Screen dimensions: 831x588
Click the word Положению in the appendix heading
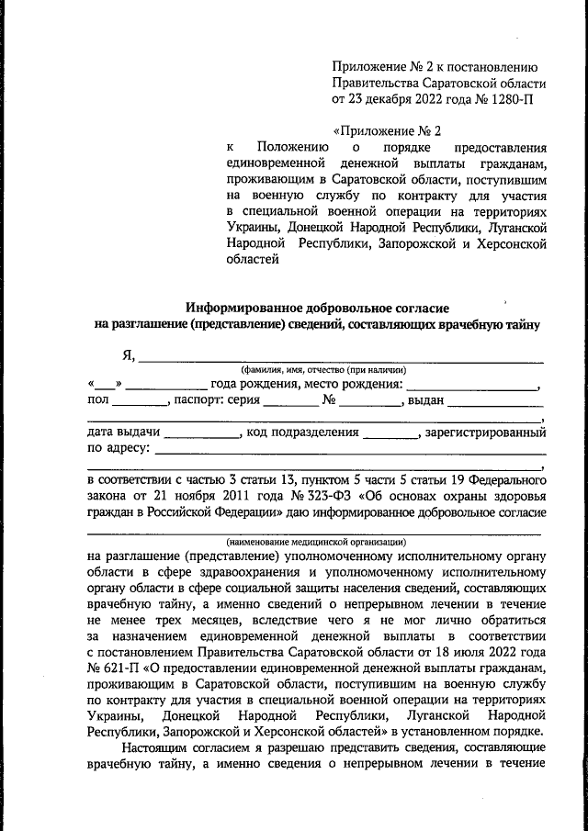tap(292, 147)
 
